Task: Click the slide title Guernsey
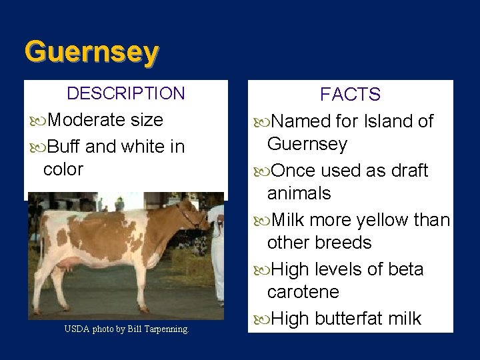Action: (91, 52)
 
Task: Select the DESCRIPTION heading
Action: (126, 93)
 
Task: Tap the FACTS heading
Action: (350, 95)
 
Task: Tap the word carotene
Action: (303, 292)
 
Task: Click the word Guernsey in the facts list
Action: (306, 145)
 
